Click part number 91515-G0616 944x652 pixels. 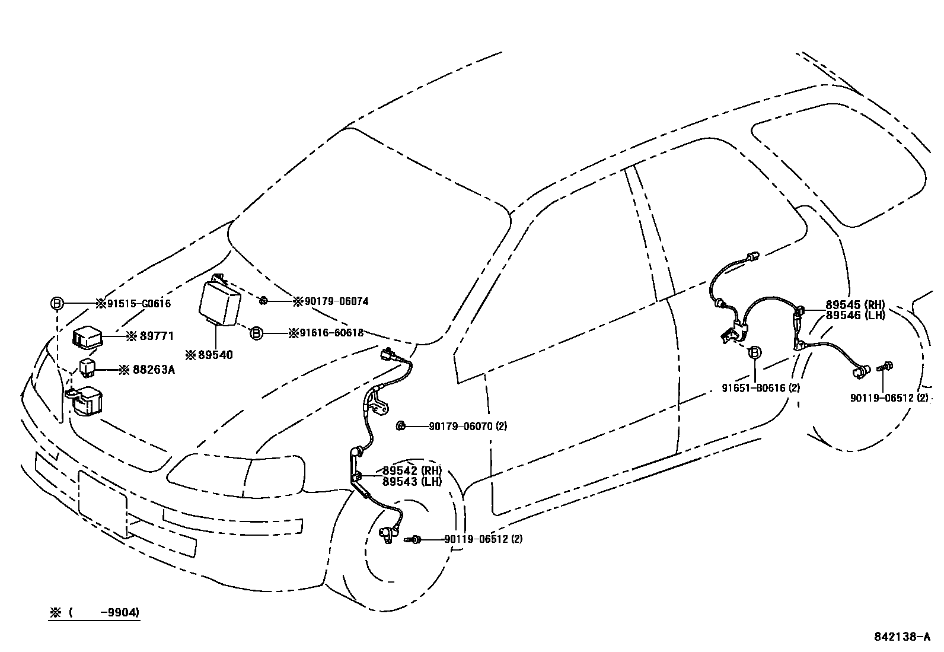(138, 304)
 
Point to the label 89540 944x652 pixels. (214, 355)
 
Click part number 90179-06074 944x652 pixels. (336, 301)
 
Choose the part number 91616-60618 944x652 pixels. (330, 333)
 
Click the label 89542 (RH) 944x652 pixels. (412, 471)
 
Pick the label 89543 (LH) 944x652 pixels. (412, 481)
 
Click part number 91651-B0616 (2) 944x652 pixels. (761, 388)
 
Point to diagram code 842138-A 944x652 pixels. (902, 637)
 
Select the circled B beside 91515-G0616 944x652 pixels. (57, 304)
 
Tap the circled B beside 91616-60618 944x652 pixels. (256, 333)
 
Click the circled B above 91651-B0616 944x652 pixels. (755, 353)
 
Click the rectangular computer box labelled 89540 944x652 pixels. (220, 303)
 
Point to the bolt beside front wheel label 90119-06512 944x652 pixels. (413, 539)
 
